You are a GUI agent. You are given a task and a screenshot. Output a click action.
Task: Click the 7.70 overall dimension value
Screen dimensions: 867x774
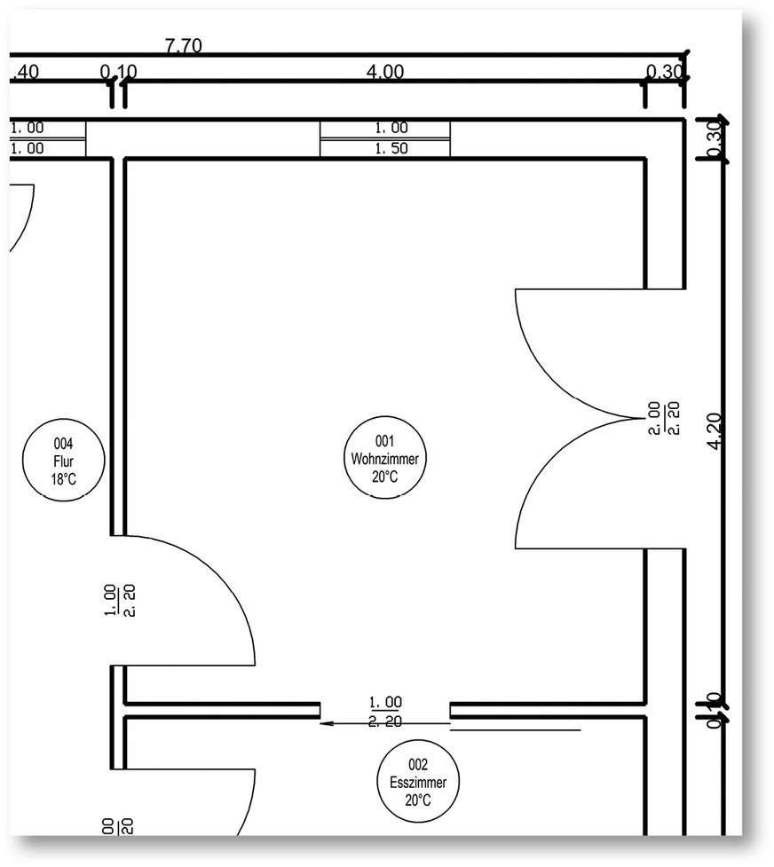click(183, 46)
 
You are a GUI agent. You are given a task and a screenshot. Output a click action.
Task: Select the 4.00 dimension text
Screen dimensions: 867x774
click(384, 72)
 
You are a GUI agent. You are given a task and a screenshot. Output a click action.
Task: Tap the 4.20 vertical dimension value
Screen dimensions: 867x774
click(718, 430)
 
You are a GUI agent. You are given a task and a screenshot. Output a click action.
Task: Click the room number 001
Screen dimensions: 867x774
click(384, 440)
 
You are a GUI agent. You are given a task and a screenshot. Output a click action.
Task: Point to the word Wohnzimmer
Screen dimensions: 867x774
click(384, 458)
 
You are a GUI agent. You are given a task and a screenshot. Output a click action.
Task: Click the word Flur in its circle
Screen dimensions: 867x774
click(63, 461)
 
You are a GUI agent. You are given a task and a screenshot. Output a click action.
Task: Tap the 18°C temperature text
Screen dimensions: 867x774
click(63, 479)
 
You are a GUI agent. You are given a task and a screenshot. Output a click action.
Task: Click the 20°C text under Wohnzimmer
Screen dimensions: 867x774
click(384, 477)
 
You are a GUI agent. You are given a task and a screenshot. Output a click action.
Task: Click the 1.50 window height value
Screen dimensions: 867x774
click(384, 148)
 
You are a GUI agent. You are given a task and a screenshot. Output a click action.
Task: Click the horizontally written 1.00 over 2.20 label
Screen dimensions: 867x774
click(384, 712)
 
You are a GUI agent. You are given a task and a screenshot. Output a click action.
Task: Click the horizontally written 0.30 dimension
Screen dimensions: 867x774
click(665, 72)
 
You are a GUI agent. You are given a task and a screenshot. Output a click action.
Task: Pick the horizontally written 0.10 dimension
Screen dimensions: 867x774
click(117, 72)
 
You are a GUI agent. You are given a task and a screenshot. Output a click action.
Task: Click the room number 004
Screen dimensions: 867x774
click(63, 444)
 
